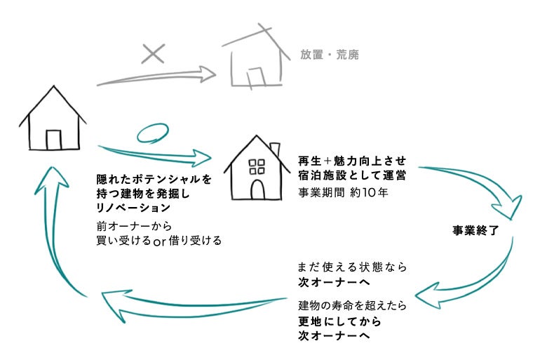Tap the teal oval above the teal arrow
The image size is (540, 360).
point(151,133)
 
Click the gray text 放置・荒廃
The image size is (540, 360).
point(329,54)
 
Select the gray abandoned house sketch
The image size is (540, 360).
point(256,59)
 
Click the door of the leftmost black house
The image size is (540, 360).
point(53,139)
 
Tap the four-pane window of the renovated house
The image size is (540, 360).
point(257,166)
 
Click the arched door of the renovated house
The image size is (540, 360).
point(257,189)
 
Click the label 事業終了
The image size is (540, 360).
point(475,230)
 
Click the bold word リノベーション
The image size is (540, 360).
point(134,208)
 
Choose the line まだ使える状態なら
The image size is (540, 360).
point(351,267)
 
